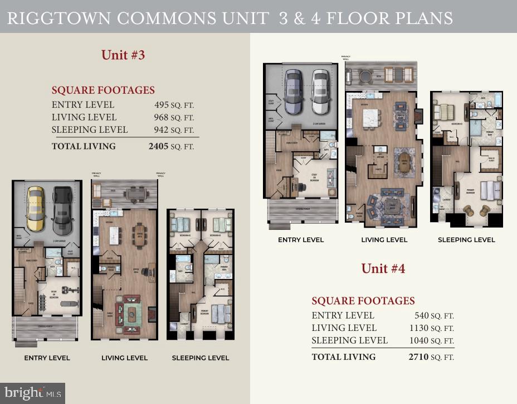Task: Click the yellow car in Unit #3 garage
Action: (36, 210)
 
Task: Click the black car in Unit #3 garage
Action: (62, 210)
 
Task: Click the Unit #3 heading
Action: (123, 55)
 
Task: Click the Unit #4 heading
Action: (383, 268)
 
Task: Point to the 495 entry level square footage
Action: (161, 105)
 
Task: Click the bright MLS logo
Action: (32, 392)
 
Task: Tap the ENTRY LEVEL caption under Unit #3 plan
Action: (47, 358)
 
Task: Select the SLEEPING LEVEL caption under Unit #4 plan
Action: (466, 240)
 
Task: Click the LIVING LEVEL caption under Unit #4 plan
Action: (383, 240)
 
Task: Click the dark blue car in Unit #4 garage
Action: (294, 92)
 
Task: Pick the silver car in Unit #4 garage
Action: (320, 92)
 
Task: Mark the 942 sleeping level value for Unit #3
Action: (161, 130)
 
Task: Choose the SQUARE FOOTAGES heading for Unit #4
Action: (363, 301)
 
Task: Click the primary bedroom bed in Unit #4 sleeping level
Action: (491, 190)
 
